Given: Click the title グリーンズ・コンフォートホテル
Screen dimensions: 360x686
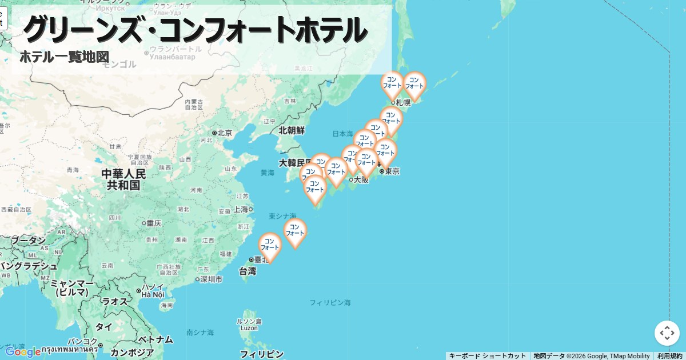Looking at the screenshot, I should tap(194, 30).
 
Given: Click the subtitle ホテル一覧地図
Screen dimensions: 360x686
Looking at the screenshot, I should tap(64, 57).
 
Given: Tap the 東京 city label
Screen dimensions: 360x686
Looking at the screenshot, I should tap(392, 171).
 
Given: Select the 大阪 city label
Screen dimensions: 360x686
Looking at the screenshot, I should tap(361, 179).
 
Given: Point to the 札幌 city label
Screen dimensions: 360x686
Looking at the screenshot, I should tap(403, 103).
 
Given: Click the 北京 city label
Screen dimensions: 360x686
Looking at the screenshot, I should tap(225, 133).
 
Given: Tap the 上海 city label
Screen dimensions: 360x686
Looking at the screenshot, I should tap(240, 209).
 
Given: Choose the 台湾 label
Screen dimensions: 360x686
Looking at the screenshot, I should tap(247, 271).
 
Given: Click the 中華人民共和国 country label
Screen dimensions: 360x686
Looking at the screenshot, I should tap(123, 179).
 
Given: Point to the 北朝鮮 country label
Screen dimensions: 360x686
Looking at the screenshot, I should tap(292, 130).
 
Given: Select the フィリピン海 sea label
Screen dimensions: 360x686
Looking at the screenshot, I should tap(330, 302).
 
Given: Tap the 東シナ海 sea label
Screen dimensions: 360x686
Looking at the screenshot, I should tap(282, 216).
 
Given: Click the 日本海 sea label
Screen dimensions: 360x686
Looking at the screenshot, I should tap(342, 134).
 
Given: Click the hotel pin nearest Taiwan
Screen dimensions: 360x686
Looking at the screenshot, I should tap(270, 246).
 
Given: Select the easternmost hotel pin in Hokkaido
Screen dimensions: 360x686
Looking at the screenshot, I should tap(414, 84).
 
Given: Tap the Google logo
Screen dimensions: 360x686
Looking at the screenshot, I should tap(23, 351).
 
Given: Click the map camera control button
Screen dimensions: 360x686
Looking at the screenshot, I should tap(667, 333).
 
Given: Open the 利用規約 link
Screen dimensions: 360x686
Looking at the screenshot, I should tap(669, 356).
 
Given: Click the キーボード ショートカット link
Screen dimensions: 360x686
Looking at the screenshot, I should tap(487, 356).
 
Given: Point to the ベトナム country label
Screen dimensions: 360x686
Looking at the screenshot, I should tap(155, 339).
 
